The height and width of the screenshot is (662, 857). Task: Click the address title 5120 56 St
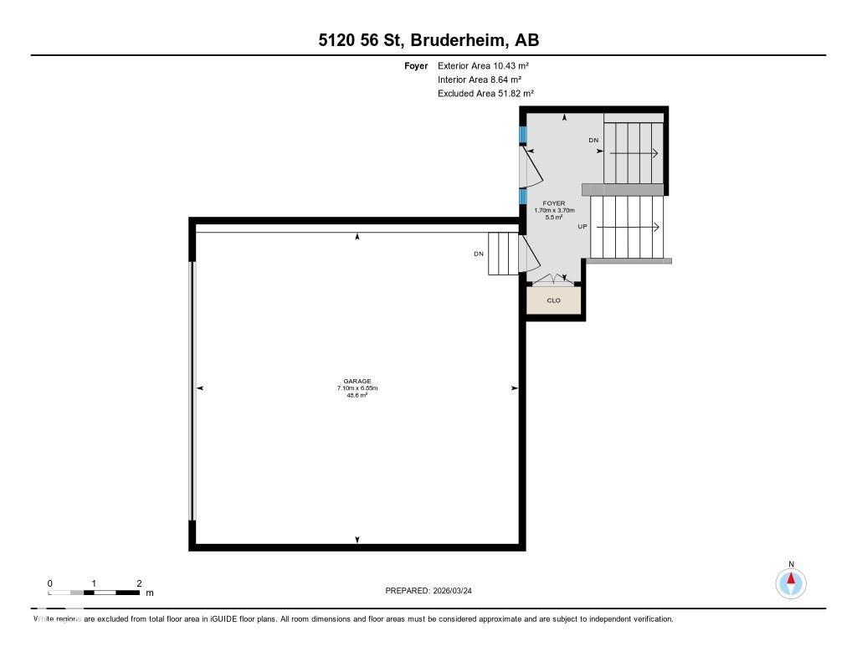pos(428,40)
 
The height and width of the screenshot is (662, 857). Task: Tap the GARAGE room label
pos(357,381)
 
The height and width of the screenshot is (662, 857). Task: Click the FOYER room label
pos(554,203)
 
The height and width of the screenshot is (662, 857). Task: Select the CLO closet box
pos(554,300)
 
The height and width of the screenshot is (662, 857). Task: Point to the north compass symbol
pos(790,582)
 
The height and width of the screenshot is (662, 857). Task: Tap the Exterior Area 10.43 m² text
pos(483,65)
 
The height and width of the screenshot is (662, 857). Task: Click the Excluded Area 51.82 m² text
pos(485,94)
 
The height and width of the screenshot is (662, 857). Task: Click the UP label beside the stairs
pos(582,227)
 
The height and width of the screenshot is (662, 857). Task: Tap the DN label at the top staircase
pos(593,141)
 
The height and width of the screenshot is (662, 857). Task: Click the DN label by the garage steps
pos(478,254)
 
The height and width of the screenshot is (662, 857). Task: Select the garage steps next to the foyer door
pos(504,254)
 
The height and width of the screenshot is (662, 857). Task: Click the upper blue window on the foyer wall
pos(523,135)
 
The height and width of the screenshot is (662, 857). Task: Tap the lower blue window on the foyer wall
pos(523,196)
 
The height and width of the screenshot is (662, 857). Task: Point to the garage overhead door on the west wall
pos(193,391)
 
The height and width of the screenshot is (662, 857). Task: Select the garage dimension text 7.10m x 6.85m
pos(357,388)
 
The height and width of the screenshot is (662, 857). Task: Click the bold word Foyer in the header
pos(416,65)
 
